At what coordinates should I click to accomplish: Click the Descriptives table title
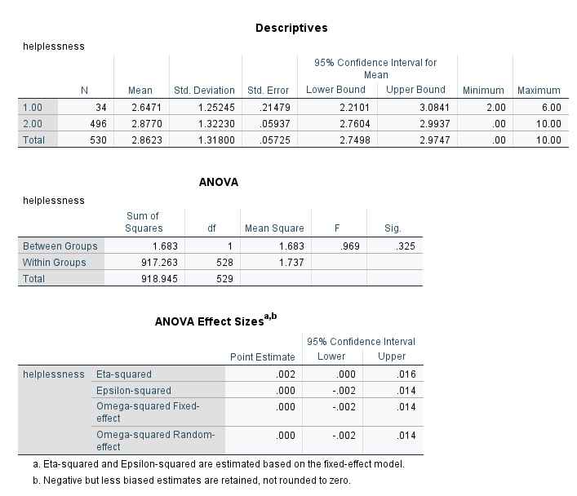[291, 28]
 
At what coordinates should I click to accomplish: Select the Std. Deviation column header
[205, 90]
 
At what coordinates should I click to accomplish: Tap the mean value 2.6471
[140, 108]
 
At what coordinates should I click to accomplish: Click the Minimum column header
[483, 90]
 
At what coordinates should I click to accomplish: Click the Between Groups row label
[60, 246]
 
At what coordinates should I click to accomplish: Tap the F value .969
[338, 246]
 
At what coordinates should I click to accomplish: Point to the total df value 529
[222, 279]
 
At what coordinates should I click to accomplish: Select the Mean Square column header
[274, 228]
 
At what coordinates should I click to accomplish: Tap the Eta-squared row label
[124, 374]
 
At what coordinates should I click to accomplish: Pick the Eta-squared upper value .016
[393, 374]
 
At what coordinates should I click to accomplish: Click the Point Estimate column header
[262, 356]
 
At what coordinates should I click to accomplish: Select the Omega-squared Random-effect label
[155, 441]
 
